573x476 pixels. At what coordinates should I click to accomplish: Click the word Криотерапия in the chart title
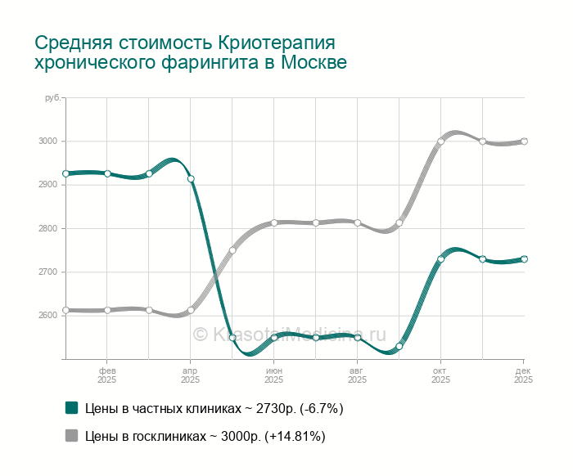coord(277,43)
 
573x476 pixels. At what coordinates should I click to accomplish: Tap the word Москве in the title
coord(314,63)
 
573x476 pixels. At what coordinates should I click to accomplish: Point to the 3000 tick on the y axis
coord(47,141)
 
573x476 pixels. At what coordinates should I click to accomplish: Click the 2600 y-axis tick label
coord(47,316)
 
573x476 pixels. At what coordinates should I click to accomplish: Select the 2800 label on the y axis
coord(47,228)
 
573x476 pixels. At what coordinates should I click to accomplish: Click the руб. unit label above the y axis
coord(52,98)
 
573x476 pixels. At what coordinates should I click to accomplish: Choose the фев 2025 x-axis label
coord(107,375)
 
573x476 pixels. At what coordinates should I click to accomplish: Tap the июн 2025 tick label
coord(274,375)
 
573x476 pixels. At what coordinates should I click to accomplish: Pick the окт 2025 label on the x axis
coord(440,375)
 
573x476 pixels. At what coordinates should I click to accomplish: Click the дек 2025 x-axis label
coord(523,375)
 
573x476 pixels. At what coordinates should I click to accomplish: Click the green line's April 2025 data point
coord(191,179)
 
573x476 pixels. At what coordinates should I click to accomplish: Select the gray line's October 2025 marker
coord(440,141)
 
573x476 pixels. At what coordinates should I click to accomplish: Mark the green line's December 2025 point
coord(524,259)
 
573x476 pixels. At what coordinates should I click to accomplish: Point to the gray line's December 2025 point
coord(524,141)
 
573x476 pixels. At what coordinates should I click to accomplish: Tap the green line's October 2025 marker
coord(440,259)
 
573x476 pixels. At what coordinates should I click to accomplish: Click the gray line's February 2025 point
coord(107,310)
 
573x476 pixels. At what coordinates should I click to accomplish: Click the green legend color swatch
coord(71,408)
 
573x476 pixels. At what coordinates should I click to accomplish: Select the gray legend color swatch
coord(71,436)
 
